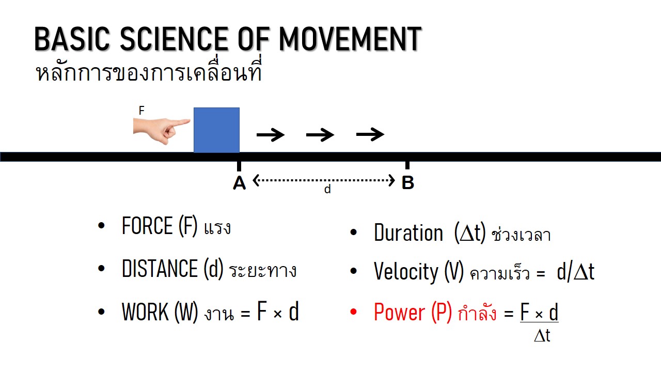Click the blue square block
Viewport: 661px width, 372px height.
click(x=216, y=130)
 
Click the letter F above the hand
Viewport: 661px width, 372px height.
click(x=141, y=111)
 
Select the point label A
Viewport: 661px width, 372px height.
click(x=239, y=183)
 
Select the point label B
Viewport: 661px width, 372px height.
click(x=408, y=182)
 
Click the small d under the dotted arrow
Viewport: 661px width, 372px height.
click(x=327, y=189)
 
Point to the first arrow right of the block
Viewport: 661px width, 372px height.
click(x=271, y=135)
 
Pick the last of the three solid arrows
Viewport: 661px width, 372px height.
click(x=370, y=134)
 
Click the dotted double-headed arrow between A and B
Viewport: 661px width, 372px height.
click(x=324, y=180)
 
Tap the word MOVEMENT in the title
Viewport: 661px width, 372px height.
click(x=350, y=39)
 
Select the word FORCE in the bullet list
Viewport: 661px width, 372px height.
click(x=147, y=226)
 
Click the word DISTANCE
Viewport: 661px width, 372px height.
click(x=160, y=268)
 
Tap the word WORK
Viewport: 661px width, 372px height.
click(x=145, y=312)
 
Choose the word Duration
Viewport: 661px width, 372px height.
click(x=408, y=233)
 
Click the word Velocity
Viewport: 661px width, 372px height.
click(x=406, y=272)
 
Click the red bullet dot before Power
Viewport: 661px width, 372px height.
click(x=353, y=312)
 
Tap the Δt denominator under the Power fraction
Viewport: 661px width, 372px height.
click(x=542, y=336)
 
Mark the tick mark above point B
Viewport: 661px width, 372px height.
click(x=407, y=165)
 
